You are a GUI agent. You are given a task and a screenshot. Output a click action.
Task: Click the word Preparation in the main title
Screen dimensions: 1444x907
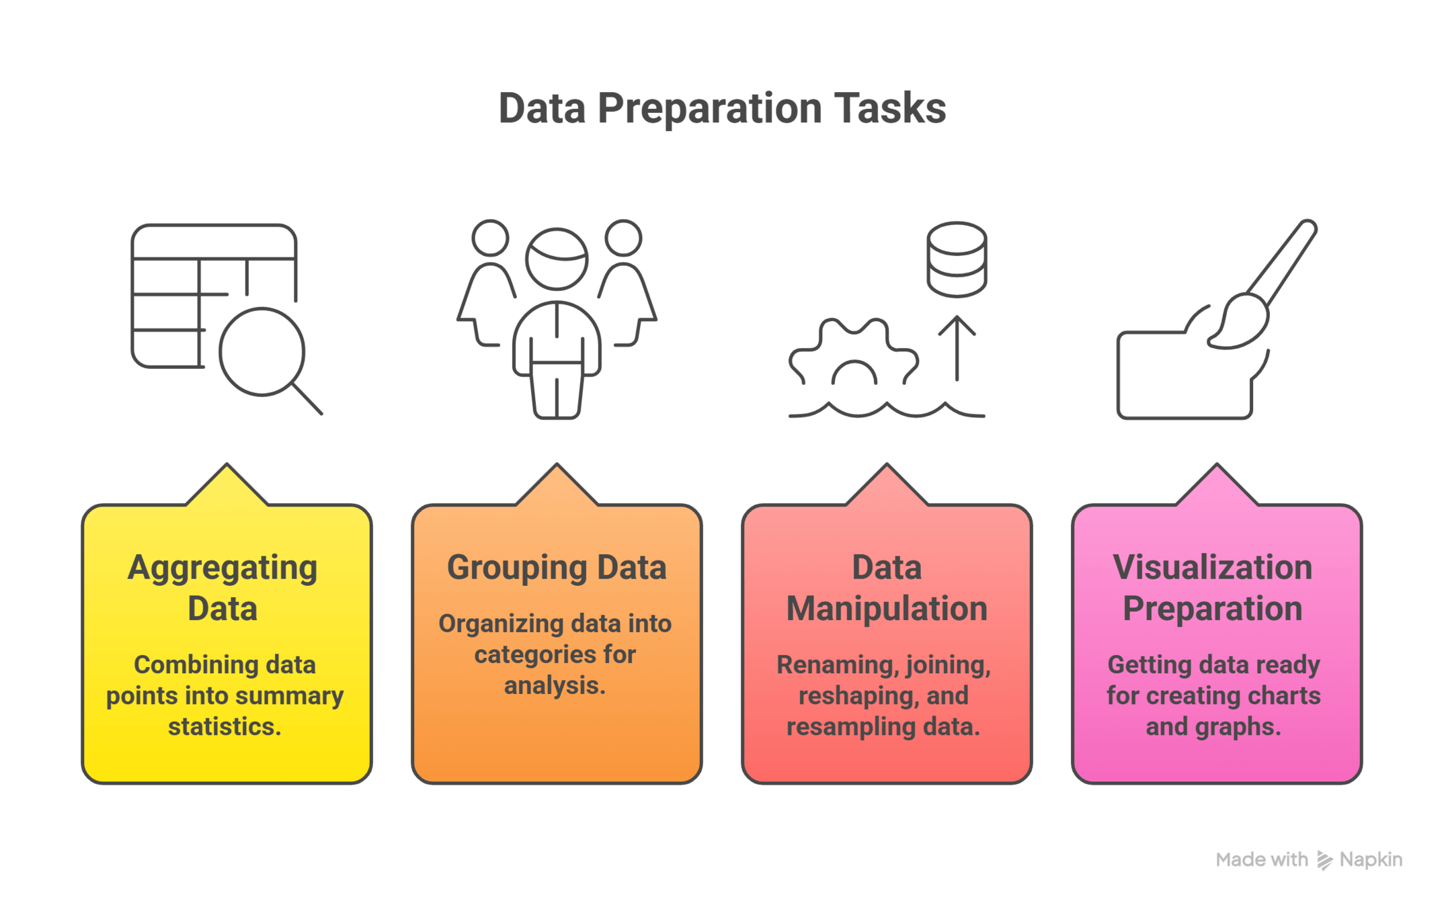709,109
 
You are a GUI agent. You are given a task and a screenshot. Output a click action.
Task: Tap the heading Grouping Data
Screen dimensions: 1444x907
557,567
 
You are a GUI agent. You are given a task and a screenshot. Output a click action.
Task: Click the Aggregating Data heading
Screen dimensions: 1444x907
223,588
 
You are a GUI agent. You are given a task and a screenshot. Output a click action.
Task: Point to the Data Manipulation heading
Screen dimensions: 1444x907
887,588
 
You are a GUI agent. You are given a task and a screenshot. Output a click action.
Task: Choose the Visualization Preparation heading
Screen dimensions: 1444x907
1213,588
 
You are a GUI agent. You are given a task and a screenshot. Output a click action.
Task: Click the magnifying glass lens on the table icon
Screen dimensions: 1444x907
262,351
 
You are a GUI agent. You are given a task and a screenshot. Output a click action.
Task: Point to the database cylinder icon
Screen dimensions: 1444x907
957,259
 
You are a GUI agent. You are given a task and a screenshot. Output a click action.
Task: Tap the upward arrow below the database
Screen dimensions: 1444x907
957,346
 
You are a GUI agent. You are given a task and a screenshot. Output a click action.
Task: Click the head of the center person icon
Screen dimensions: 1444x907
557,259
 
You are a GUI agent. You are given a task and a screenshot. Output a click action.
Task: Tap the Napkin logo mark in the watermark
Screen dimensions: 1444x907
1324,860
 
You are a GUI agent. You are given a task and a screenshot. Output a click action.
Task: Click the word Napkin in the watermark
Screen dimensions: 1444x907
1371,859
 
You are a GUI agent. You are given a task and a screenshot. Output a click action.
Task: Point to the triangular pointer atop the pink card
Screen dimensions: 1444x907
1216,485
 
